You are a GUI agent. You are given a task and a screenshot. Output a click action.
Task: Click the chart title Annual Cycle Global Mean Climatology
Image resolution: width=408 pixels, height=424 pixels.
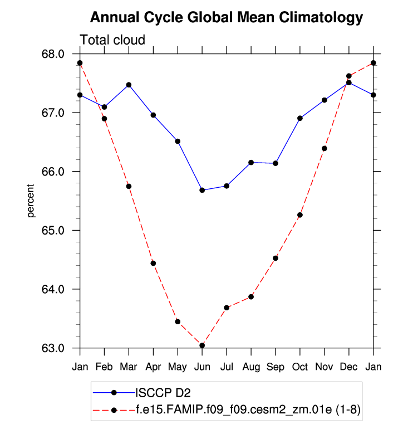226,18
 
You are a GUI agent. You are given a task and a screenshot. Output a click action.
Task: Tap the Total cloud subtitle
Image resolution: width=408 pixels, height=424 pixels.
112,40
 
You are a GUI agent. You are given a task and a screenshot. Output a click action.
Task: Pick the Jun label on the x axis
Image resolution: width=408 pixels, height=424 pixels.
202,367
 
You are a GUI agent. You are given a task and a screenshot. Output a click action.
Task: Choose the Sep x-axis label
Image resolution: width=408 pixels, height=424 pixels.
276,367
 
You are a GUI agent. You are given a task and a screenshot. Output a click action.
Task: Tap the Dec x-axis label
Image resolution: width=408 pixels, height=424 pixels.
349,367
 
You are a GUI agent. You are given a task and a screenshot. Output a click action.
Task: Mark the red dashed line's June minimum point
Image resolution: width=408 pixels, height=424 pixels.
202,345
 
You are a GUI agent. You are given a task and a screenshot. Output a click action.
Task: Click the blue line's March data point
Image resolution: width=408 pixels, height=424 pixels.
129,85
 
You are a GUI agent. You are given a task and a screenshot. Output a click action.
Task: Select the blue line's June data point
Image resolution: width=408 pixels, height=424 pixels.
202,190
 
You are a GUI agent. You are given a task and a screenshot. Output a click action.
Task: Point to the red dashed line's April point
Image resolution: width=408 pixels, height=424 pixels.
153,263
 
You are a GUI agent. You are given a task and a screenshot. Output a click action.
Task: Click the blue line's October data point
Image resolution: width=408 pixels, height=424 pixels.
300,118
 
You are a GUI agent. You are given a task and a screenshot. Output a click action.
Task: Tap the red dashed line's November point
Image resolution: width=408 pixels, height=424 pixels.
325,148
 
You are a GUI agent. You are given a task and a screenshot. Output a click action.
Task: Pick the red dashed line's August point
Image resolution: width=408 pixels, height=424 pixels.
251,296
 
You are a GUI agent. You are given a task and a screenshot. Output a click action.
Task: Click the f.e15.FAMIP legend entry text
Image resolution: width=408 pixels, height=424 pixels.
248,410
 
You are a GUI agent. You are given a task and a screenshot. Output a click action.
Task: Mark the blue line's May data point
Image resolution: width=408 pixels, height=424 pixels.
178,141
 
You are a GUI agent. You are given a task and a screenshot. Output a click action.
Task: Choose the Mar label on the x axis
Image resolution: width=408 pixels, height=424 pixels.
129,367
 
